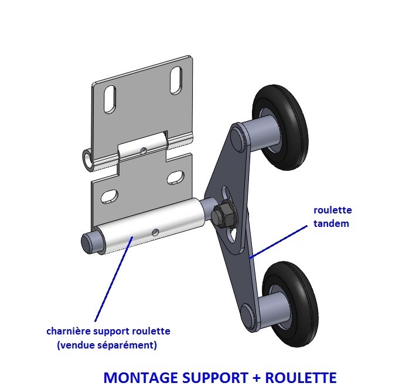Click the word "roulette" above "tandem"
point(333,210)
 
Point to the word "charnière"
point(70,332)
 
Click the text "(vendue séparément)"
point(107,345)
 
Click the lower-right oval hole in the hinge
point(175,177)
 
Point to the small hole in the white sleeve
point(155,232)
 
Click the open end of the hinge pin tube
point(87,158)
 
